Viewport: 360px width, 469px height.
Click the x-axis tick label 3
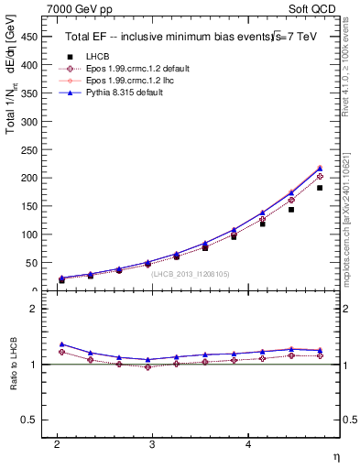point(153,444)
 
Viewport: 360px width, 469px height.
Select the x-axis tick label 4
point(248,444)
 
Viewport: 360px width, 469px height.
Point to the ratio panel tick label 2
point(38,309)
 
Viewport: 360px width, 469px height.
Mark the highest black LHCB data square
point(320,188)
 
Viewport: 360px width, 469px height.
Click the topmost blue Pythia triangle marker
point(320,168)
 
